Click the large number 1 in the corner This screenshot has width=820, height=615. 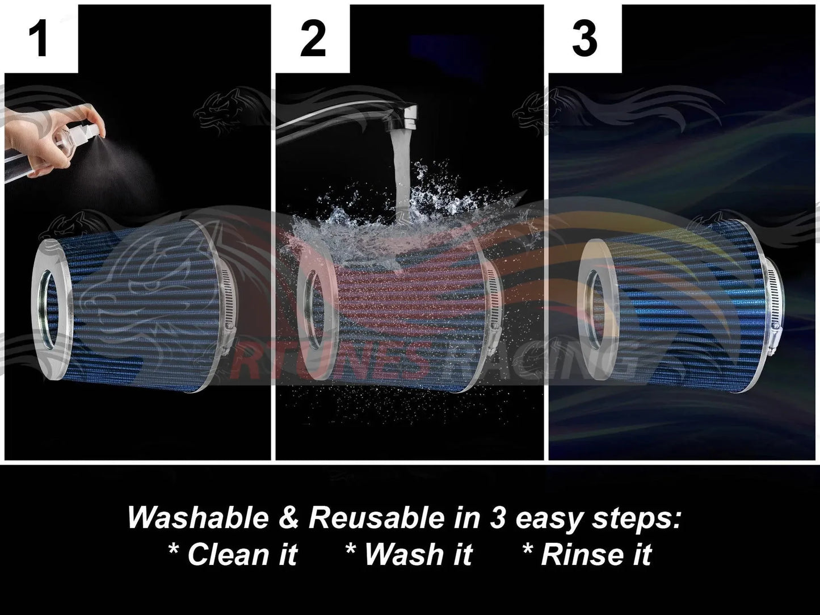39,39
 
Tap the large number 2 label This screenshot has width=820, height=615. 313,39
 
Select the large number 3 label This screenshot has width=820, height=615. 584,39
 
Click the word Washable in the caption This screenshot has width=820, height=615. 198,518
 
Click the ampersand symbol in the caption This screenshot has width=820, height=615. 288,518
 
